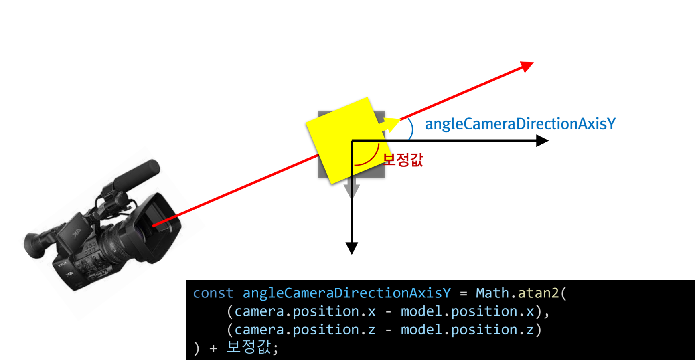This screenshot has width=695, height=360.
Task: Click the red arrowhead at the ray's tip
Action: (527, 66)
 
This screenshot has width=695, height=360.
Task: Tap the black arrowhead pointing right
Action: (542, 141)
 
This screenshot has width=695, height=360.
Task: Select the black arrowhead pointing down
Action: (352, 248)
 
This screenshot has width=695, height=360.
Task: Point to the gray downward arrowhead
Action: (352, 191)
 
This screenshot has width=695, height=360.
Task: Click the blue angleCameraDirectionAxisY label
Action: (520, 124)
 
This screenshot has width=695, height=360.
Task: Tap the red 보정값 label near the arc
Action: (403, 160)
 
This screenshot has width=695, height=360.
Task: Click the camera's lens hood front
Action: (160, 224)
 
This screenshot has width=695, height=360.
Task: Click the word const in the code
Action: (213, 293)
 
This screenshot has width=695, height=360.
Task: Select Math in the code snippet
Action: (492, 293)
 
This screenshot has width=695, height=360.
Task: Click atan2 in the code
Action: (538, 293)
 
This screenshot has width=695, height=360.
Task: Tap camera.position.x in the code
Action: (305, 311)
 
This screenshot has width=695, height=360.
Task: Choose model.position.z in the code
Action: (467, 330)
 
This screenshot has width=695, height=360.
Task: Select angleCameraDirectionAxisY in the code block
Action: (346, 293)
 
